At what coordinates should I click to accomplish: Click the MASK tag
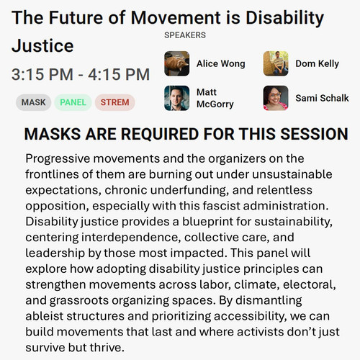pos(33,102)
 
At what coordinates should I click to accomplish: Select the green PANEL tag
pos(73,102)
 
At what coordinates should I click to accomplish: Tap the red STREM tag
pos(115,102)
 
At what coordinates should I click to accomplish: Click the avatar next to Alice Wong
pos(177,63)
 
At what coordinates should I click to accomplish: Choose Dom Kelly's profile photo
pos(276,63)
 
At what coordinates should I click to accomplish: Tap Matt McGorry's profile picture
pos(177,98)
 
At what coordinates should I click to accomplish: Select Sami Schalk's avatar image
pos(276,98)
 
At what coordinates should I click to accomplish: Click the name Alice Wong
pos(221,64)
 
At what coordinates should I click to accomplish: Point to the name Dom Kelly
pos(318,64)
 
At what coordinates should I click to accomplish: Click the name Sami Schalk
pos(322,98)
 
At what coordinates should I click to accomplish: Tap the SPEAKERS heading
pos(185,35)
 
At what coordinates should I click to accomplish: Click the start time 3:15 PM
pos(42,74)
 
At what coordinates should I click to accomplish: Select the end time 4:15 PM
pos(119,74)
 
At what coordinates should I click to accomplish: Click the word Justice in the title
pos(42,46)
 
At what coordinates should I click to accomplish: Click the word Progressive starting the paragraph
pos(58,159)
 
